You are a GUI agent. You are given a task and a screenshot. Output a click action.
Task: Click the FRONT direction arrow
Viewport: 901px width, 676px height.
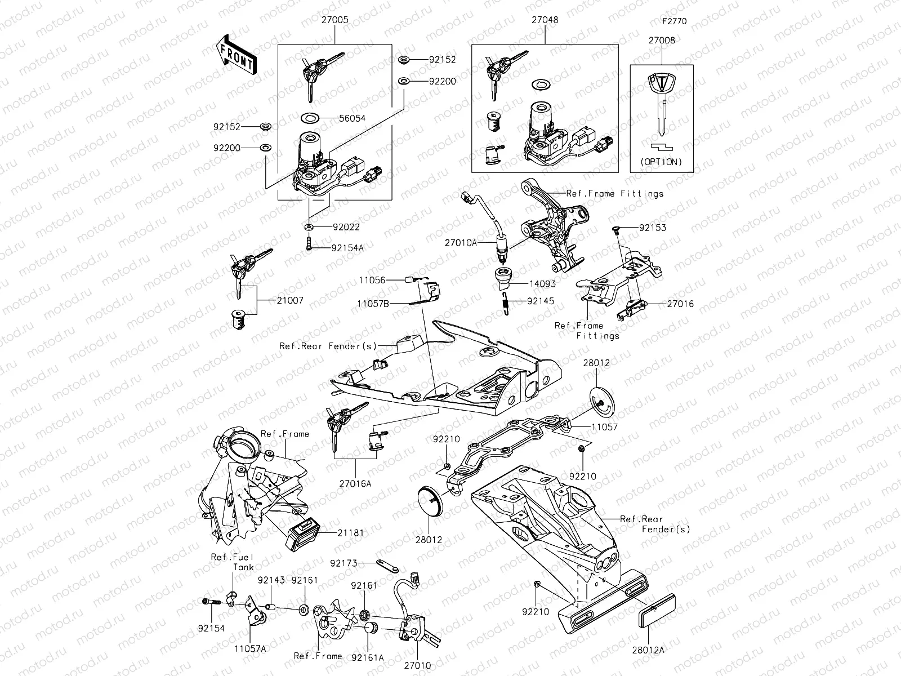(x=236, y=55)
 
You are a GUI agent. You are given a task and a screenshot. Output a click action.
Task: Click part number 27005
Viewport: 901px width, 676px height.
(x=334, y=20)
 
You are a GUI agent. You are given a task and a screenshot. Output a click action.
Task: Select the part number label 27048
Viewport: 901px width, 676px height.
(x=545, y=20)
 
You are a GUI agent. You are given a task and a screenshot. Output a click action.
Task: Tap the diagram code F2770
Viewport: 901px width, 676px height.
(x=674, y=21)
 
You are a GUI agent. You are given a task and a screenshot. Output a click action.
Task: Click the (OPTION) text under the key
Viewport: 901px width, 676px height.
(x=661, y=162)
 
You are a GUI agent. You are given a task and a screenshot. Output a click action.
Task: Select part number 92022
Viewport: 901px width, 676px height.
(x=346, y=227)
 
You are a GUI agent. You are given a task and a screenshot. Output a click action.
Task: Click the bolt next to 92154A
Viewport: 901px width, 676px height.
(x=309, y=246)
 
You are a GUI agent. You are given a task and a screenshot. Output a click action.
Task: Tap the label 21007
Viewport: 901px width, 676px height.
(x=290, y=301)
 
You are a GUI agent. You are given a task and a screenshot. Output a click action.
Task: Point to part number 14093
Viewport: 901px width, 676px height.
(x=542, y=284)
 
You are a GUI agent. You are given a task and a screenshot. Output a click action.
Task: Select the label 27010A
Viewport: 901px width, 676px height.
(x=461, y=243)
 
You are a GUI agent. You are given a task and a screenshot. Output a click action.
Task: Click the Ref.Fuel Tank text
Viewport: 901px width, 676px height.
(x=233, y=562)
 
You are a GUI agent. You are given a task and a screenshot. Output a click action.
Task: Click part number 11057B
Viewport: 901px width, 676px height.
(x=373, y=303)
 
